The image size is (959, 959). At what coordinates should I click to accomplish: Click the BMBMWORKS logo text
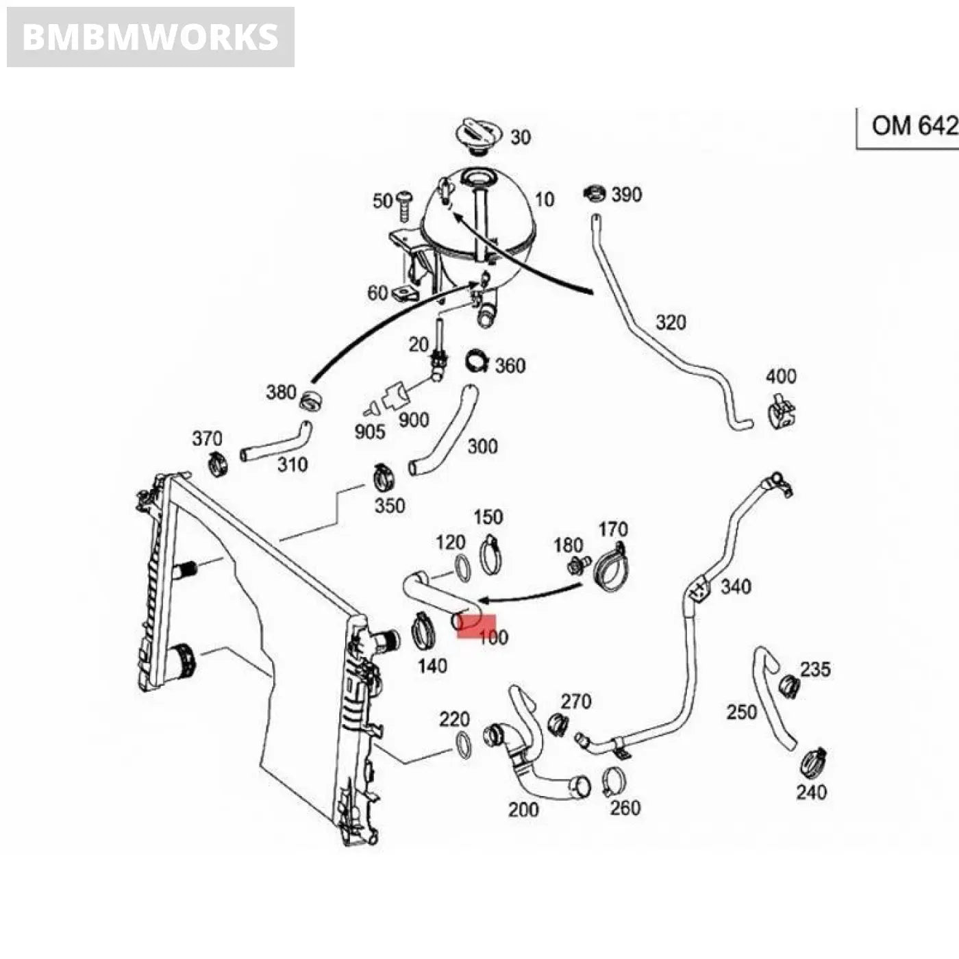pos(150,37)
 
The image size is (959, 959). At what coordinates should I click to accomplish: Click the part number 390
pos(626,195)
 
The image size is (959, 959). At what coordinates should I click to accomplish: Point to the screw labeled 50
pos(405,203)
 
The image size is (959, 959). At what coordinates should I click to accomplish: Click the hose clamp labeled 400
pos(781,412)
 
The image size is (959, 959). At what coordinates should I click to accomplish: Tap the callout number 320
pos(671,322)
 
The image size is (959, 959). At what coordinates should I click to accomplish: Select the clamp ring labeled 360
pos(477,361)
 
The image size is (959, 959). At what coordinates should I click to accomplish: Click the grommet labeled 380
pos(312,401)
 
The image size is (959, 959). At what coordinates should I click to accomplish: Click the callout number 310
pos(292,464)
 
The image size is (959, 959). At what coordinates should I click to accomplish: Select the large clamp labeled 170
pos(611,567)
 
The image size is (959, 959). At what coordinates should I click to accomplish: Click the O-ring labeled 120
pos(462,568)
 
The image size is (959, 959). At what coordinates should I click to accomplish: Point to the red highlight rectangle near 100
pos(476,625)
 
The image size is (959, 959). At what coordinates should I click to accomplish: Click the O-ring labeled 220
pos(464,745)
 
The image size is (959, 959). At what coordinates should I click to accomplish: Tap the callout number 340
pos(736,586)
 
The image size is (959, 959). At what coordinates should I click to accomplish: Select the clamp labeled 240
pos(814,761)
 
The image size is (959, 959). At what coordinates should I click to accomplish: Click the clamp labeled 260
pos(614,781)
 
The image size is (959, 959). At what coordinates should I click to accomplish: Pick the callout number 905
pos(370,432)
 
